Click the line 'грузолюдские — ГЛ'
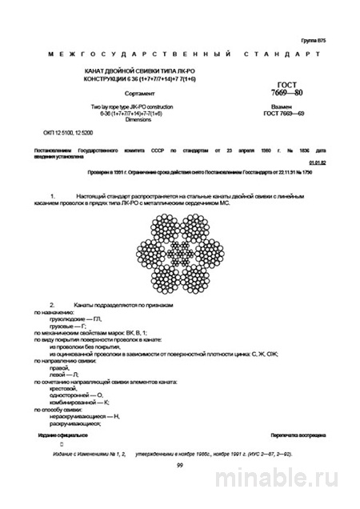76,319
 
